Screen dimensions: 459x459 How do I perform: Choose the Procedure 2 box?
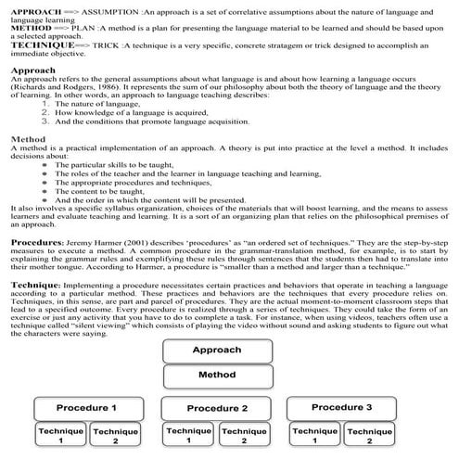click(217, 409)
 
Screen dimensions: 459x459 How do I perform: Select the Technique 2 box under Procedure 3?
click(370, 436)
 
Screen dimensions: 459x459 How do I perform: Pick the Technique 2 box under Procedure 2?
click(243, 436)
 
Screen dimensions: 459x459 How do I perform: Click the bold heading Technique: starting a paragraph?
click(35, 287)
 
